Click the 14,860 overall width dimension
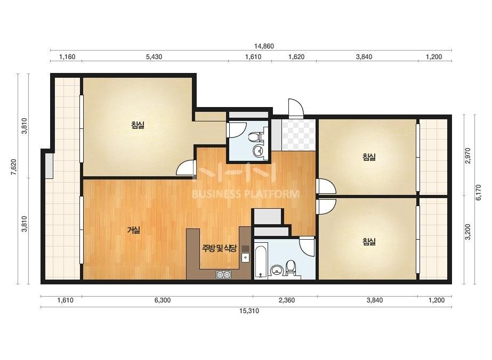pos(264,46)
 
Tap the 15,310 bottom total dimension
pos(249,311)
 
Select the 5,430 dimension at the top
pos(154,57)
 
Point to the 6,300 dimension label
pos(163,300)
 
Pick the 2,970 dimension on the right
pos(468,156)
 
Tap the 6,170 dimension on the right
pos(479,192)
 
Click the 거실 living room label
pos(133,230)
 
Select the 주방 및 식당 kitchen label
pos(219,248)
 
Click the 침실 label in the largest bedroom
pos(138,126)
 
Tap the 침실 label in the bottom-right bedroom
pos(369,242)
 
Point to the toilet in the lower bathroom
pos(291,268)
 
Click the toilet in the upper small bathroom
pos(255,137)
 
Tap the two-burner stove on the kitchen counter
pos(223,275)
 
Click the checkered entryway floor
pos(298,135)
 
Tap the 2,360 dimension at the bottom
pos(287,300)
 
